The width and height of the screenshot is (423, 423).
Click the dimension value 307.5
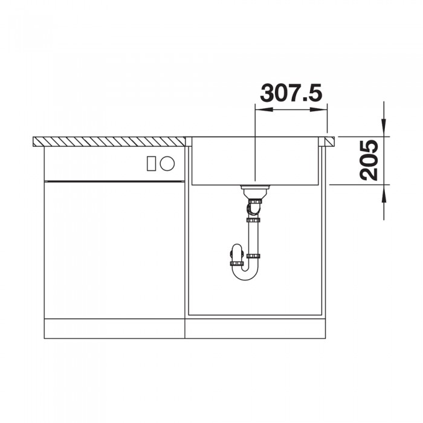(x=291, y=93)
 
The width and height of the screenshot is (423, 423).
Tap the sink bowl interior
(x=254, y=160)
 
